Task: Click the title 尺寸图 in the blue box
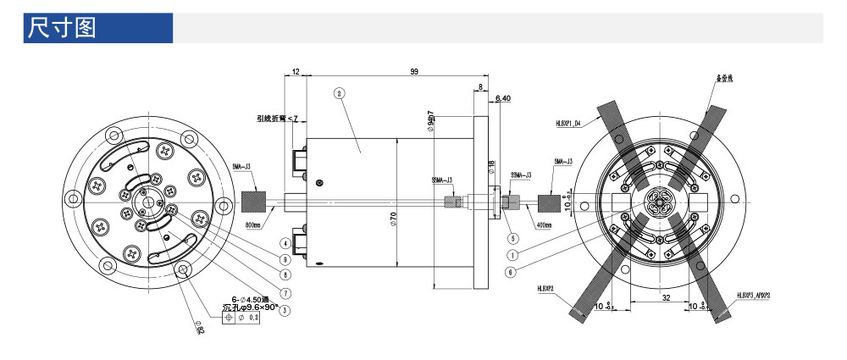pyautogui.click(x=62, y=27)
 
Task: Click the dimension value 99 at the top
pyautogui.click(x=414, y=73)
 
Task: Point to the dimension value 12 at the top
pyautogui.click(x=296, y=73)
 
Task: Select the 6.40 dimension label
pyautogui.click(x=502, y=98)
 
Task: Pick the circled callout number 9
pyautogui.click(x=286, y=258)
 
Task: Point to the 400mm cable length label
pyautogui.click(x=542, y=226)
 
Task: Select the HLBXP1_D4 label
pyautogui.click(x=567, y=123)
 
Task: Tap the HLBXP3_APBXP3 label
pyautogui.click(x=758, y=296)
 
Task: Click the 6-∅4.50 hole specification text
pyautogui.click(x=244, y=297)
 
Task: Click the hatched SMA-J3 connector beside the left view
pyautogui.click(x=254, y=202)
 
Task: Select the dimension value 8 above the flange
pyautogui.click(x=480, y=87)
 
